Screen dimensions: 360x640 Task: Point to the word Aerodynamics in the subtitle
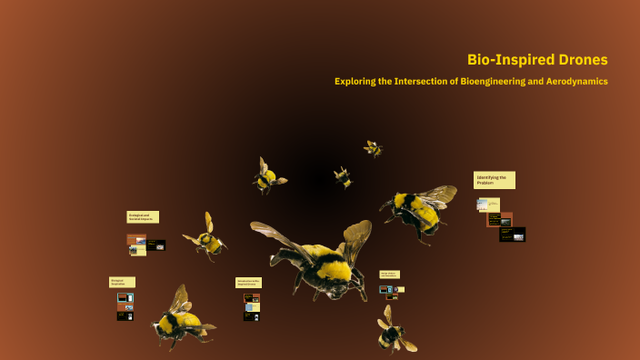(571, 82)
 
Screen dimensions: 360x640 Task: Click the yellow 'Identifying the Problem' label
(495, 180)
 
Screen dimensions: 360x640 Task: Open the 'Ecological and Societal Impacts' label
(143, 217)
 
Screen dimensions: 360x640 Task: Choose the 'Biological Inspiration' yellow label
(122, 282)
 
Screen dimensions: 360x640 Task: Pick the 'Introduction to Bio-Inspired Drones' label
(248, 283)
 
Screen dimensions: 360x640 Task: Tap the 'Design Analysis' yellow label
(389, 275)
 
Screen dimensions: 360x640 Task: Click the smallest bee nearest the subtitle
(373, 148)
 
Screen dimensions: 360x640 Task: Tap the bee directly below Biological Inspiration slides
(179, 318)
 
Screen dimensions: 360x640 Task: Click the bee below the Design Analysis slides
(394, 332)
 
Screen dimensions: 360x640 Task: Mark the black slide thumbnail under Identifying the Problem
(512, 235)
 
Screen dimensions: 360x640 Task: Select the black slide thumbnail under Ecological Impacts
(155, 245)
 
